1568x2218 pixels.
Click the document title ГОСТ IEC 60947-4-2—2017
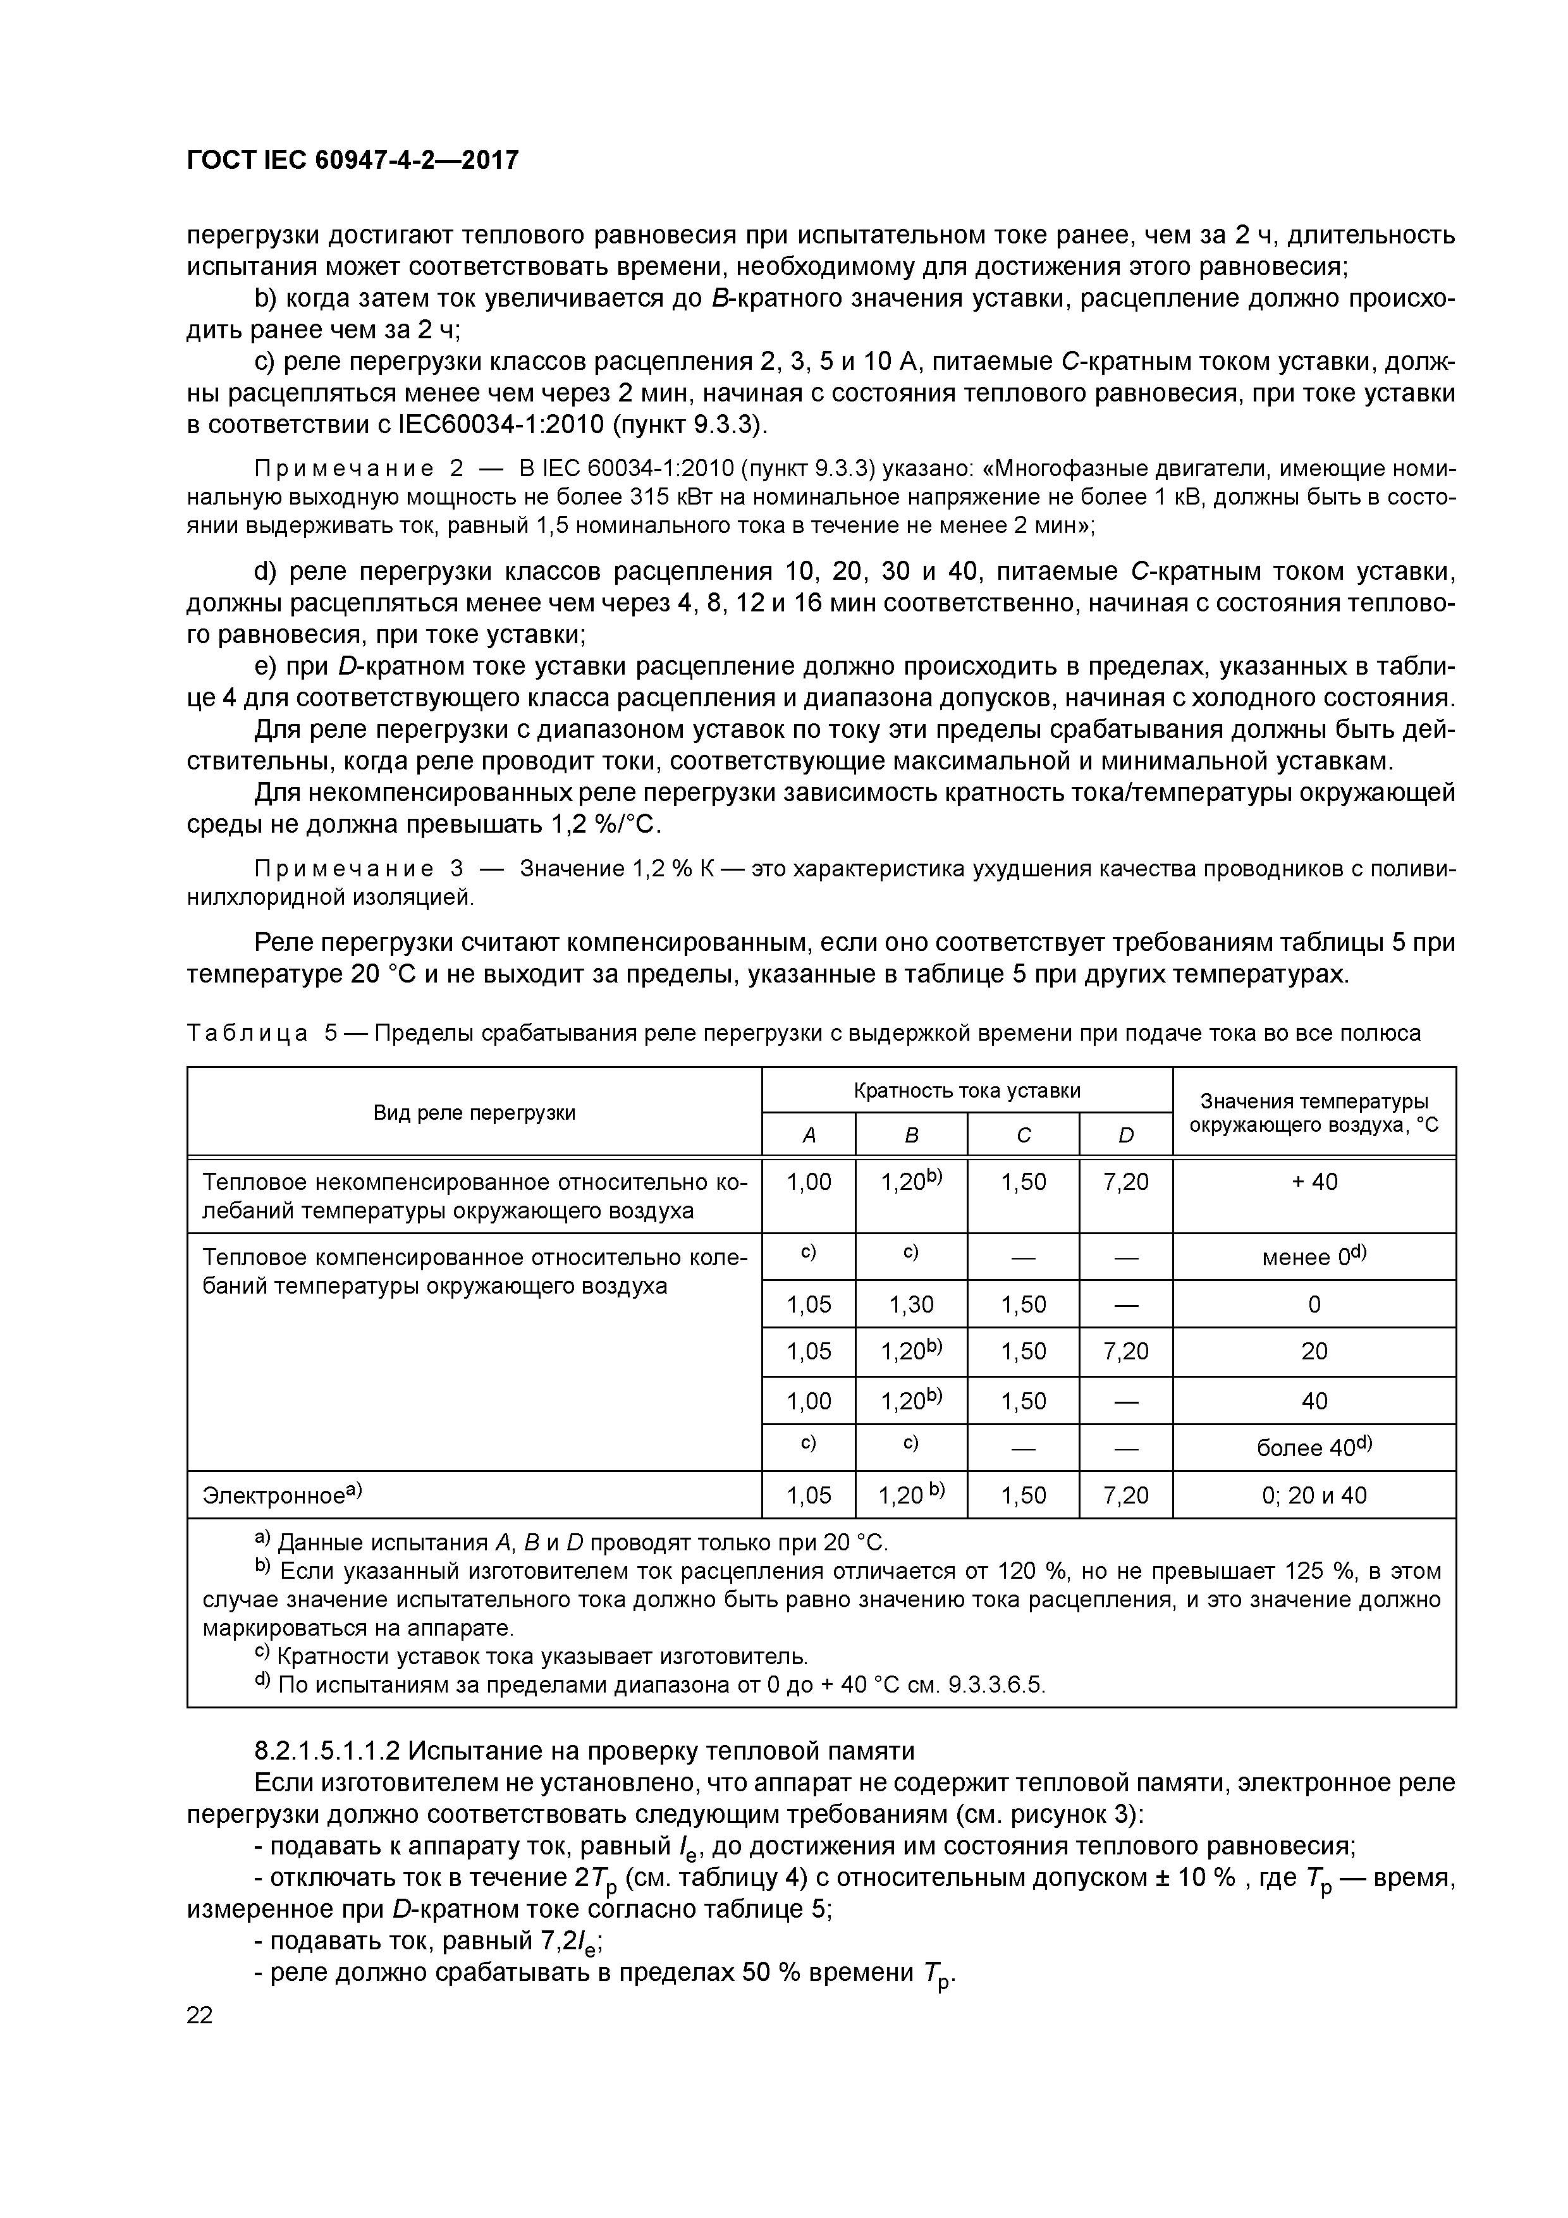point(353,159)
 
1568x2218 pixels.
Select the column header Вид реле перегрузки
point(474,1113)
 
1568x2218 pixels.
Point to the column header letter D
point(1125,1136)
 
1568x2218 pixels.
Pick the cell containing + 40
point(1314,1182)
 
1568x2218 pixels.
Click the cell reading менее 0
point(1314,1257)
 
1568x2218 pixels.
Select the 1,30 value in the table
point(911,1304)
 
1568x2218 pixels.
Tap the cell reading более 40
point(1314,1447)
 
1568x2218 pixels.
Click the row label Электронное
point(280,1495)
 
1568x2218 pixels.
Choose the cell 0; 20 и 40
point(1314,1495)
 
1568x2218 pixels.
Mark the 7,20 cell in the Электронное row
point(1125,1495)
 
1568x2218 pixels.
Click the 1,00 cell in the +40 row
point(809,1182)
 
